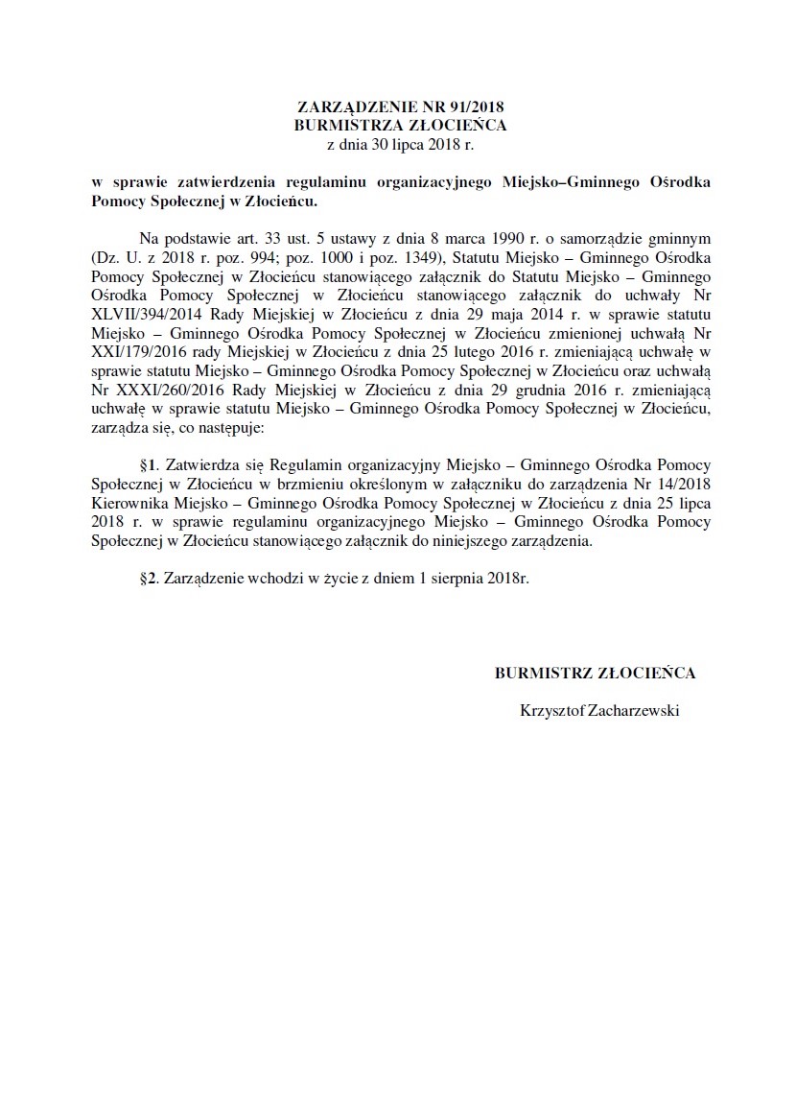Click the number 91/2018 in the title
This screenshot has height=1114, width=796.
(476, 108)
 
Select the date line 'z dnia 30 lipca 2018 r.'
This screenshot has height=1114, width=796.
(400, 144)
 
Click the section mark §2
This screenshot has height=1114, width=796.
(147, 580)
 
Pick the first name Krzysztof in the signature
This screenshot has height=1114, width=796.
(550, 711)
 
